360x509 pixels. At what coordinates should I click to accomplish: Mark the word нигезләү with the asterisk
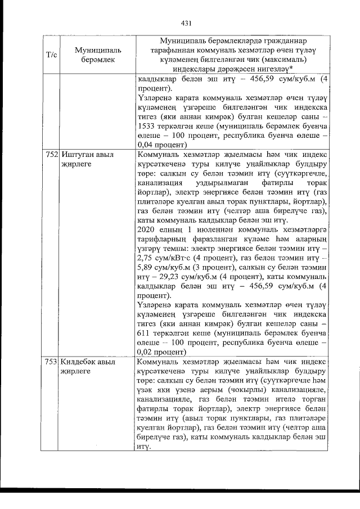point(271,69)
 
